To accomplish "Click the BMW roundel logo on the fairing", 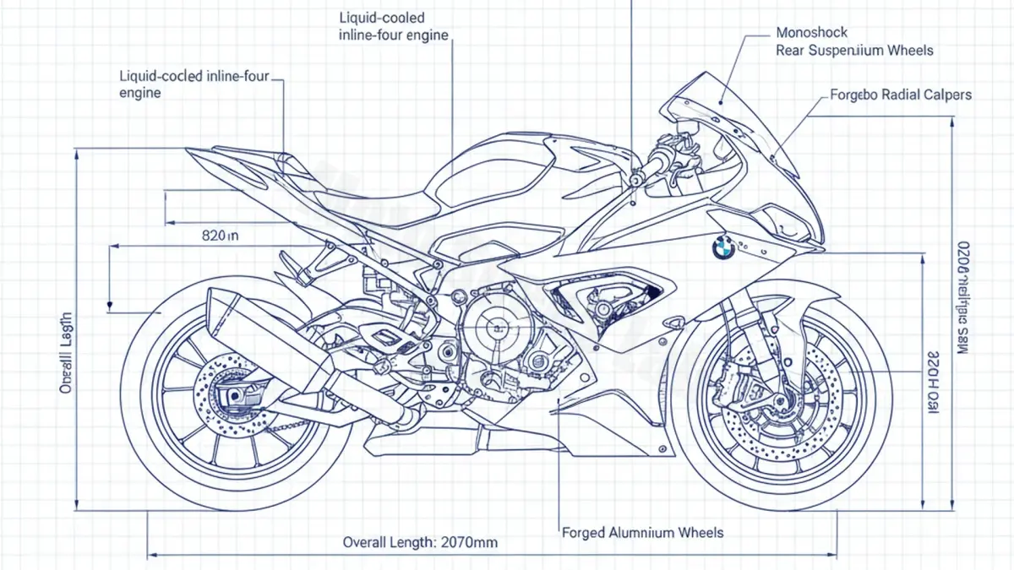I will click(722, 247).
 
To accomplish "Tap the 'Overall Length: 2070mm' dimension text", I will click(420, 542).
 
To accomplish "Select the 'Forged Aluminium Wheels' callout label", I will click(642, 533).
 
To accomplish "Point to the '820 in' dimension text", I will click(221, 236).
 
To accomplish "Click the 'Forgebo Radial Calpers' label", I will click(901, 95).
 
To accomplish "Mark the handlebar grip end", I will click(636, 180).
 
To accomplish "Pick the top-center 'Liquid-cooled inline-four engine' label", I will click(393, 26).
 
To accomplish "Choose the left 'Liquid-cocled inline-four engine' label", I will click(194, 84).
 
